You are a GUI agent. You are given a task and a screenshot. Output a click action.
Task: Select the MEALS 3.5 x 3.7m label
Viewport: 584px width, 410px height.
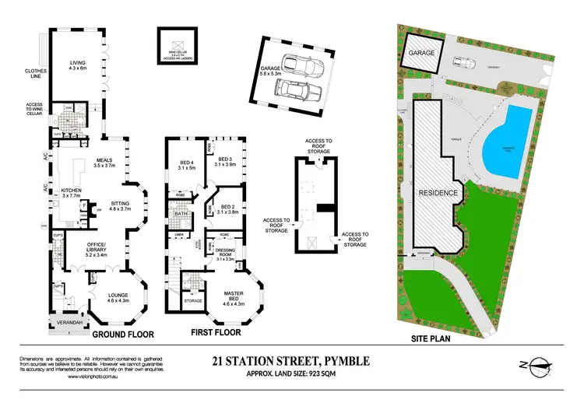click(x=104, y=163)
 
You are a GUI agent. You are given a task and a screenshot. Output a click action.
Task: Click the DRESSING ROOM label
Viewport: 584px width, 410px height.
click(x=224, y=253)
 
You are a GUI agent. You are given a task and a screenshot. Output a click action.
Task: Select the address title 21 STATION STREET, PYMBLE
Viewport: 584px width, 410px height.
click(x=291, y=360)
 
